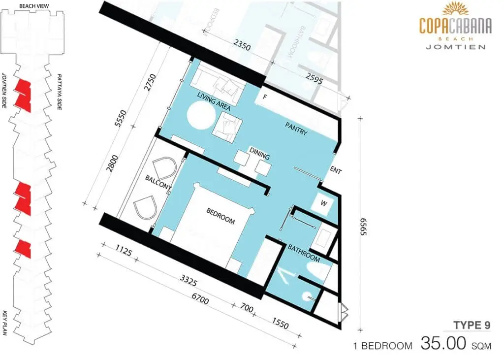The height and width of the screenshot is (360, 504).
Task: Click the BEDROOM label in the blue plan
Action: (220, 216)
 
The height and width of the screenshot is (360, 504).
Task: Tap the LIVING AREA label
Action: (214, 101)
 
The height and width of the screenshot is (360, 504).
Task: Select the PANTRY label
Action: (296, 129)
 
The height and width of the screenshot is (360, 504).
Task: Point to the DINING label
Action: (259, 154)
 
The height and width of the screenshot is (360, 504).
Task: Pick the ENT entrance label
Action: (336, 170)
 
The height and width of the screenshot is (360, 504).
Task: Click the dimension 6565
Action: (363, 227)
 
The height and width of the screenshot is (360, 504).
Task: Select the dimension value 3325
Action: (189, 280)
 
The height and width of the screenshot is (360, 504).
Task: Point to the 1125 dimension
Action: (124, 250)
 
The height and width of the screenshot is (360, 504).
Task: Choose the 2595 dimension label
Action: (314, 78)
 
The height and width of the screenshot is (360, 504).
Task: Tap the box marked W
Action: (324, 203)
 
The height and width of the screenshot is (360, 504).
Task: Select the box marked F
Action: (265, 97)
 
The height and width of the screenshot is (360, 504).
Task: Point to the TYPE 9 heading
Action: (472, 325)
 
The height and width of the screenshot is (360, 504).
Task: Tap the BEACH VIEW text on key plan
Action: (34, 6)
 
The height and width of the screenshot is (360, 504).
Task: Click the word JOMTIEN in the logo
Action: (455, 47)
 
